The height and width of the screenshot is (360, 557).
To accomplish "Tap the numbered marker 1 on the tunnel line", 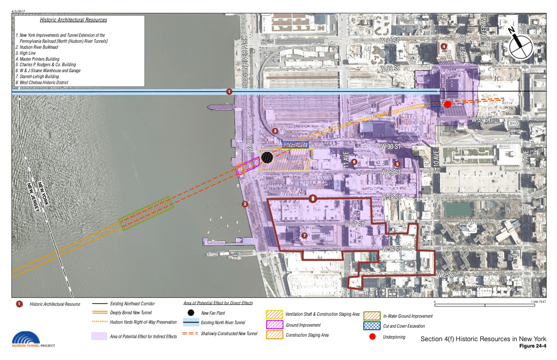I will click(x=229, y=92).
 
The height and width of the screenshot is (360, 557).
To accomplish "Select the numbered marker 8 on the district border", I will click(x=313, y=198).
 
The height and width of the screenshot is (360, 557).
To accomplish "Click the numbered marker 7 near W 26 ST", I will click(x=304, y=235).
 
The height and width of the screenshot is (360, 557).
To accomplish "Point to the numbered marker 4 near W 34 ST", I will click(x=444, y=46).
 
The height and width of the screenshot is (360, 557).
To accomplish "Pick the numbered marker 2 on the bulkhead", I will click(x=245, y=204).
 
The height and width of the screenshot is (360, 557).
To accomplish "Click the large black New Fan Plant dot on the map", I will click(x=267, y=157).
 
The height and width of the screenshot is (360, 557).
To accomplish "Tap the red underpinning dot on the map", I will click(x=447, y=104).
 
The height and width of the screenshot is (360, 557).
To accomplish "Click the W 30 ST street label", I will click(x=391, y=147).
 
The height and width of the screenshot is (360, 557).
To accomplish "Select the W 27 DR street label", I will click(x=480, y=221).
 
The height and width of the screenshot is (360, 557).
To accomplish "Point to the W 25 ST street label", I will click(x=449, y=275).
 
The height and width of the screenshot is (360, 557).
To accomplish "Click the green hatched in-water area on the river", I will click(x=146, y=213).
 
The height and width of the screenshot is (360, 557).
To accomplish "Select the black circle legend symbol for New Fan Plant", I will click(x=191, y=313).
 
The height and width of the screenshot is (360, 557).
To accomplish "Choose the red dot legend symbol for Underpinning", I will click(x=372, y=337).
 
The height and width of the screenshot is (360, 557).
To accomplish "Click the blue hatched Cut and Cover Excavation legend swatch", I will click(x=372, y=326).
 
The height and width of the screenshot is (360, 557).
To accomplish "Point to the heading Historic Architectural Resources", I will click(x=73, y=20).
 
